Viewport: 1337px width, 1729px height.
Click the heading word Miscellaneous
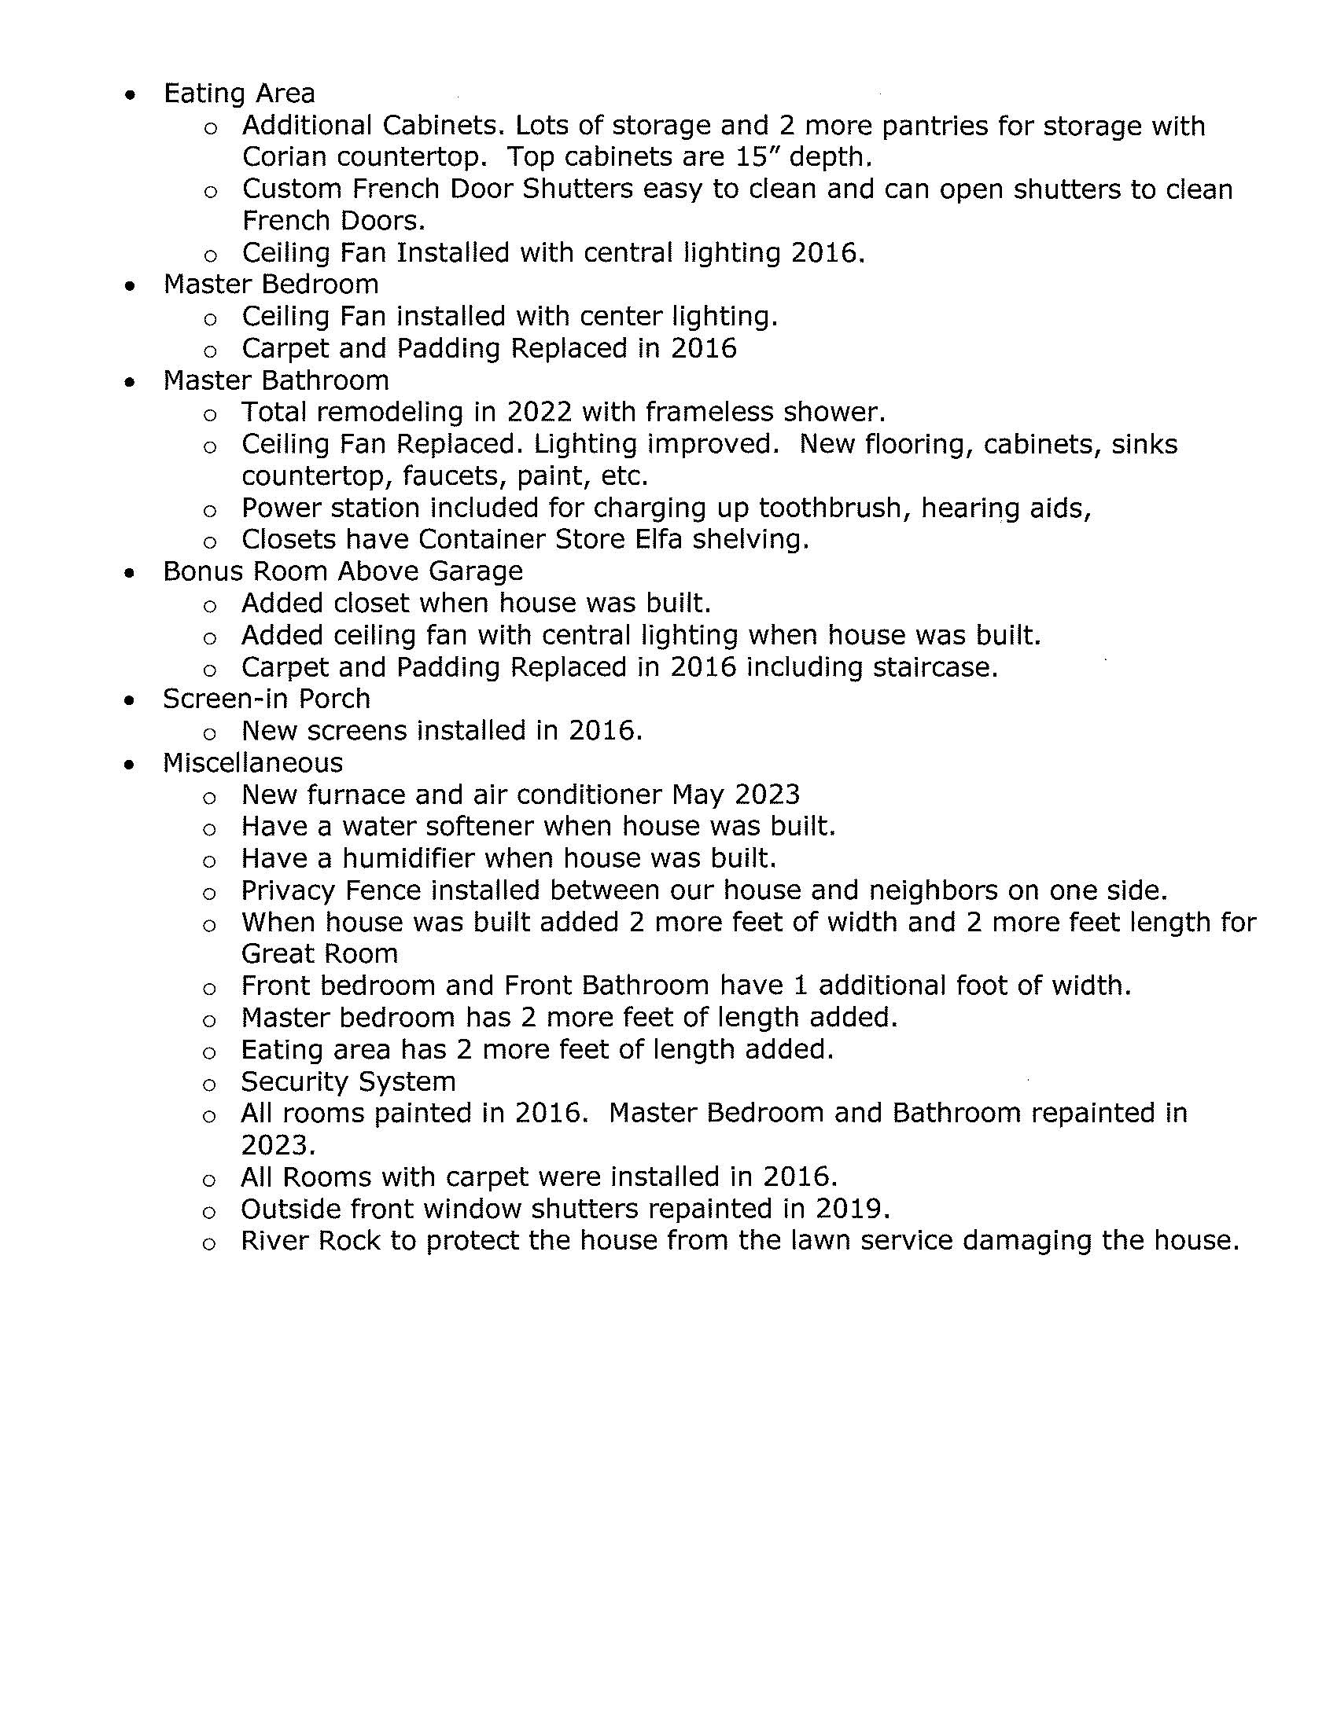[x=252, y=762]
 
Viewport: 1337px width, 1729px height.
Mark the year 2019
[x=853, y=1209]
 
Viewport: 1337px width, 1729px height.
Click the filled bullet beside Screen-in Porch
[x=130, y=699]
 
